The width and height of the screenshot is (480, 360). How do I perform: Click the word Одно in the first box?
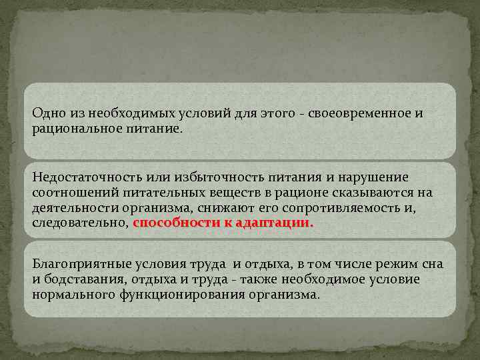pos(47,113)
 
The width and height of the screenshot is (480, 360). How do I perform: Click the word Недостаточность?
pos(85,178)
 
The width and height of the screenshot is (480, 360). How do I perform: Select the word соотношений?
pos(75,193)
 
